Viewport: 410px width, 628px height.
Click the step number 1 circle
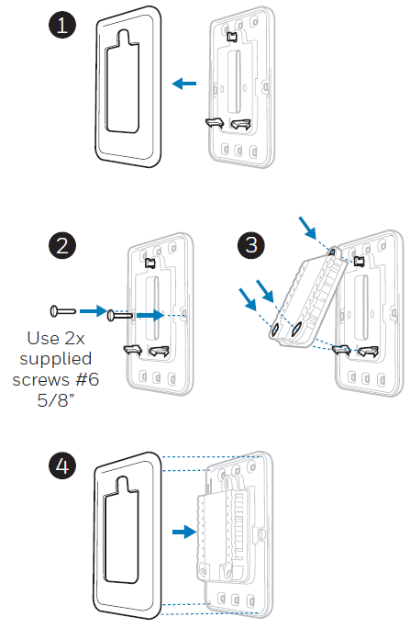click(62, 25)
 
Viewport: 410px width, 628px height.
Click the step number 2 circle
click(62, 245)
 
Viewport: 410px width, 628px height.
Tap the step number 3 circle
click(250, 245)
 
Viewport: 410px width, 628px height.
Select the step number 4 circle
click(62, 465)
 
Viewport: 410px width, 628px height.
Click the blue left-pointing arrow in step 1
click(184, 84)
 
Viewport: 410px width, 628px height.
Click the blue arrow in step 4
click(184, 532)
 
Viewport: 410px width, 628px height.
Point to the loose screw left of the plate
click(63, 311)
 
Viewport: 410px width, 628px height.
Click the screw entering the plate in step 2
click(119, 315)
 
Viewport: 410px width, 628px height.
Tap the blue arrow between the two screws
click(94, 311)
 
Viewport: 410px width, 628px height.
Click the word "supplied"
click(56, 359)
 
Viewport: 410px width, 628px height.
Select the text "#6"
click(87, 379)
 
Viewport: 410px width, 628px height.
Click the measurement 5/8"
click(56, 400)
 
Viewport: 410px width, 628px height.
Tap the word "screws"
click(42, 380)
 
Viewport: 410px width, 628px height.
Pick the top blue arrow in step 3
click(307, 228)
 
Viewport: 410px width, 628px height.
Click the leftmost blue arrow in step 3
click(248, 299)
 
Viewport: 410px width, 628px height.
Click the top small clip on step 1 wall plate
click(232, 37)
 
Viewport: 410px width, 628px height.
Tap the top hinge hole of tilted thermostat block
click(332, 252)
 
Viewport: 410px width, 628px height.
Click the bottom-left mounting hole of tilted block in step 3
click(275, 331)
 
